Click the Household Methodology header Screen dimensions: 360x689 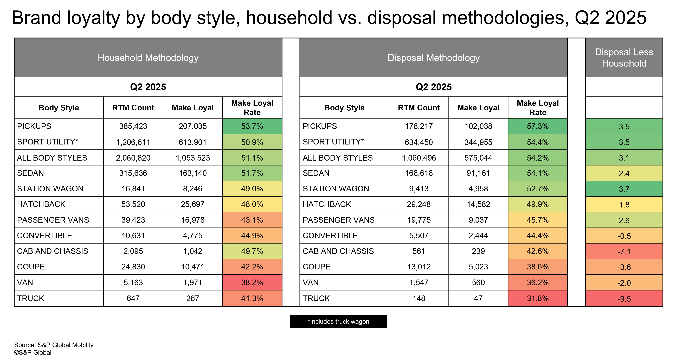(x=148, y=58)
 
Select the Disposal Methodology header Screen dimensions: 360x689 (x=433, y=58)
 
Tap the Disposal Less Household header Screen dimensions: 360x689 (x=624, y=58)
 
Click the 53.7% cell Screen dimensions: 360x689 (x=252, y=126)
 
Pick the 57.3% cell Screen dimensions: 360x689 (x=538, y=126)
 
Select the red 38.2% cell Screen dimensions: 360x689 (x=252, y=282)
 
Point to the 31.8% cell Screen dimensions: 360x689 (x=538, y=298)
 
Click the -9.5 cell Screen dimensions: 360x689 (x=624, y=298)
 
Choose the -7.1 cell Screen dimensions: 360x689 (x=624, y=251)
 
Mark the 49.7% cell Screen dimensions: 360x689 (x=252, y=251)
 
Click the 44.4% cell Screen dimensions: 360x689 (x=538, y=236)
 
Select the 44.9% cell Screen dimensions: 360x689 (x=252, y=236)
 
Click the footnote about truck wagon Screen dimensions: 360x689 (x=338, y=321)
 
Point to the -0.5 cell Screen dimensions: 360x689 (x=624, y=236)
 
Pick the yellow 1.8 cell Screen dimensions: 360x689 (x=624, y=205)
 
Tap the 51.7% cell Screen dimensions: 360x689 (x=252, y=173)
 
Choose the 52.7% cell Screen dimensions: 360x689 (x=538, y=189)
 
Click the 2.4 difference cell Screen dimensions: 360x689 (x=624, y=173)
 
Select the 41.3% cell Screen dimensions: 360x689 (x=252, y=298)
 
